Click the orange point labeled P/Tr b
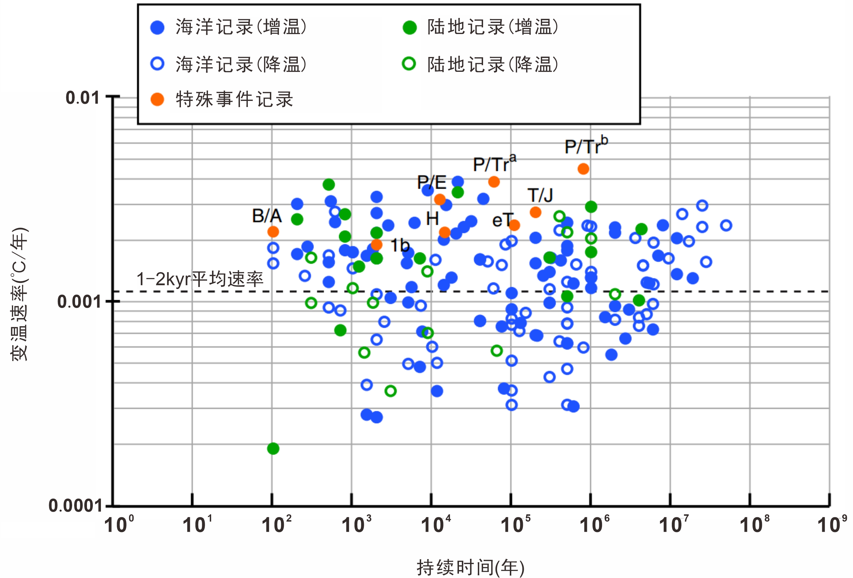[583, 169]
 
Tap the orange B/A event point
[273, 231]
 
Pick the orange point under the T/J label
[535, 212]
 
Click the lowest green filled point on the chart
[273, 448]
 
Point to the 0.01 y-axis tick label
[82, 98]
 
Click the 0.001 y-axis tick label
[78, 302]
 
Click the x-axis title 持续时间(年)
[471, 567]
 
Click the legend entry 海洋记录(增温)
[241, 27]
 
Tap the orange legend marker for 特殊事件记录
[157, 99]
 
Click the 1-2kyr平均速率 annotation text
[200, 279]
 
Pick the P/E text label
[432, 182]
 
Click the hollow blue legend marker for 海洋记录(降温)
[157, 64]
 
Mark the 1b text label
[400, 245]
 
